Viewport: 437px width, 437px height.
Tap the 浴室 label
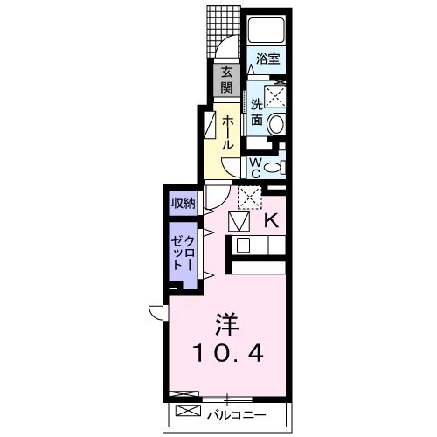(x=267, y=59)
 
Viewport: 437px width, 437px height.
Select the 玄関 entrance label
(x=226, y=80)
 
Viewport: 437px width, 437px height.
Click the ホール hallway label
(x=226, y=134)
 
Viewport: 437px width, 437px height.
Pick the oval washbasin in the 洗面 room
(x=275, y=125)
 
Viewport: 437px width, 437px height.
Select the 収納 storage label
(x=183, y=204)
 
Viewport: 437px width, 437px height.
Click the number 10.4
(x=225, y=353)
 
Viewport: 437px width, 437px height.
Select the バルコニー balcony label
(x=235, y=412)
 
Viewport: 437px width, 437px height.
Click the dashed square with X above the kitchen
(x=249, y=198)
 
